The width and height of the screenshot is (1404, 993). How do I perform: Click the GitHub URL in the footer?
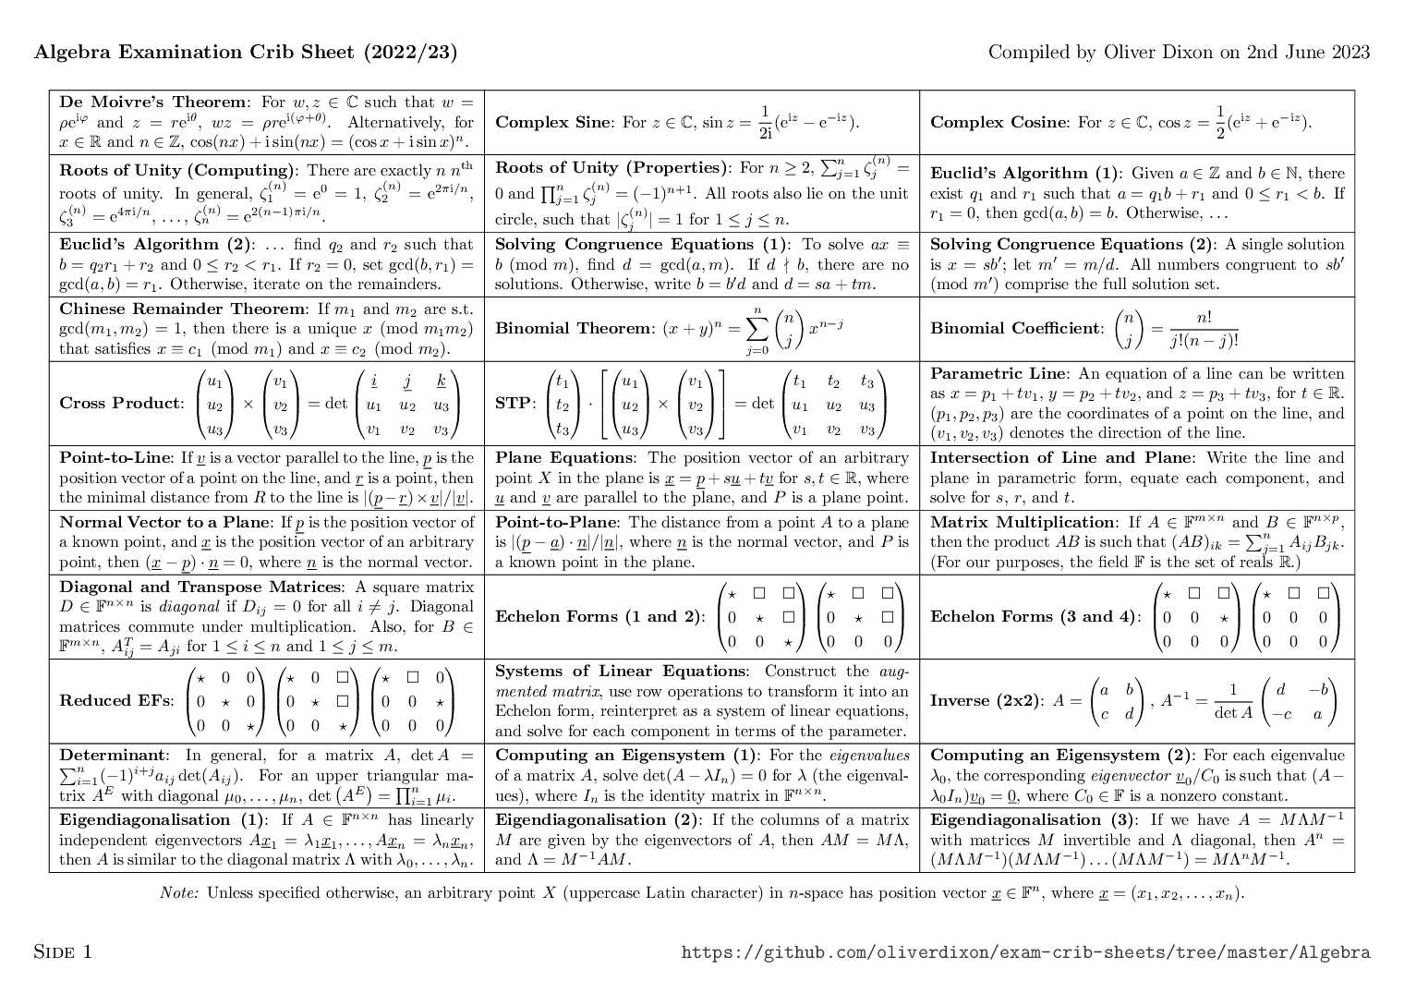(x=1025, y=952)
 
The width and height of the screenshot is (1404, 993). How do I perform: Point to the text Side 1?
(x=63, y=951)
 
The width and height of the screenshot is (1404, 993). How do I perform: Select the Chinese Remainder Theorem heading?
(x=182, y=309)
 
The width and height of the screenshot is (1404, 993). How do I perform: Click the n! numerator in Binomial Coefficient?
(x=1204, y=318)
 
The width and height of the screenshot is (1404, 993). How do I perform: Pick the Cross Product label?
(x=121, y=403)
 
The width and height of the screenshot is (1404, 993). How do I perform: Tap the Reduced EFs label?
(x=115, y=700)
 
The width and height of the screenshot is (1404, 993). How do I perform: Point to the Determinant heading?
(x=114, y=755)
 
